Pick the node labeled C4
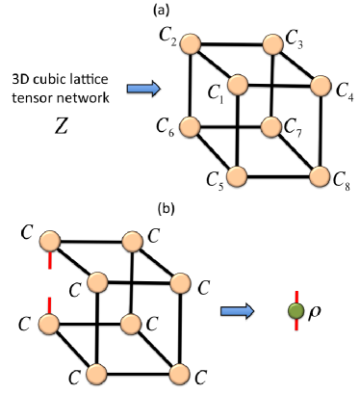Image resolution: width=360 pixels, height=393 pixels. [x=316, y=85]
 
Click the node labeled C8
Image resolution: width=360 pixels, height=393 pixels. [x=316, y=176]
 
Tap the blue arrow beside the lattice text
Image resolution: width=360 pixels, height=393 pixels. [x=141, y=89]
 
